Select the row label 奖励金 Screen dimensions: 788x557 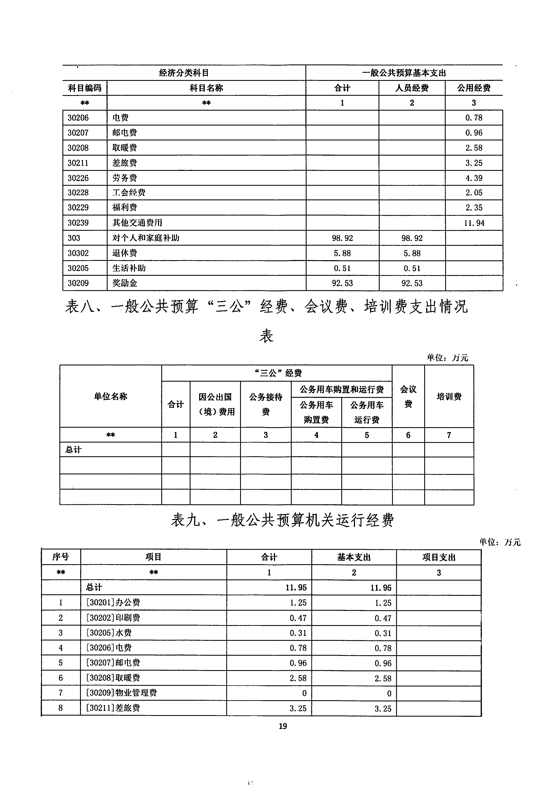click(x=125, y=283)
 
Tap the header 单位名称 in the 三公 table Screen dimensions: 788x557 click(x=110, y=396)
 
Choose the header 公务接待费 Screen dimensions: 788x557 click(x=266, y=404)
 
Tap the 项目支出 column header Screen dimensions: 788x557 click(x=439, y=557)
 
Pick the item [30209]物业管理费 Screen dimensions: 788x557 click(x=121, y=693)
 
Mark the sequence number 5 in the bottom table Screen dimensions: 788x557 click(x=61, y=663)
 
